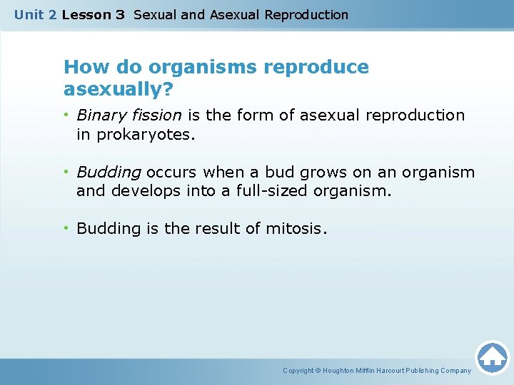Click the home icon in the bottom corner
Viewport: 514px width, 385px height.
pyautogui.click(x=492, y=357)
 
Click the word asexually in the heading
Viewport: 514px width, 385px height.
pyautogui.click(x=114, y=90)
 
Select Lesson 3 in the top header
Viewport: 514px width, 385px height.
pyautogui.click(x=93, y=14)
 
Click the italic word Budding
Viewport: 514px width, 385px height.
pyautogui.click(x=109, y=172)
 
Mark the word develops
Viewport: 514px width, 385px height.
pyautogui.click(x=141, y=190)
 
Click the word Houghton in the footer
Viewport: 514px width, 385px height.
pyautogui.click(x=339, y=371)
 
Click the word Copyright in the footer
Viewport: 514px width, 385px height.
pyautogui.click(x=299, y=371)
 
